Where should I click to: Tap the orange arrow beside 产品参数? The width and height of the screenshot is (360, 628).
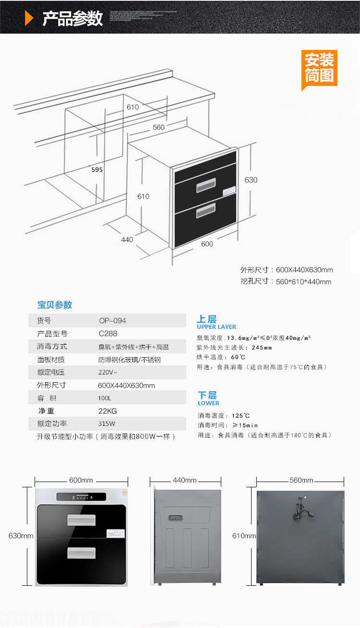(29, 18)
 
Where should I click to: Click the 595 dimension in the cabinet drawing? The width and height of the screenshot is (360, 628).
(97, 169)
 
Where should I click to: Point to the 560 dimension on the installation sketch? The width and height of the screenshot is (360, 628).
(158, 127)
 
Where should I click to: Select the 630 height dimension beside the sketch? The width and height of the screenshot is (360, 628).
(251, 180)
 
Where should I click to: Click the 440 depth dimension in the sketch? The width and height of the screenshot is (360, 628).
(127, 240)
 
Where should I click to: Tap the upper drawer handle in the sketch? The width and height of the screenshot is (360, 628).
(206, 185)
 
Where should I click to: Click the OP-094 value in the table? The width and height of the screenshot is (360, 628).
(112, 321)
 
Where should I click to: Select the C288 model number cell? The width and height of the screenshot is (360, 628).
(108, 334)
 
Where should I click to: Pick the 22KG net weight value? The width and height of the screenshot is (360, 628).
(108, 411)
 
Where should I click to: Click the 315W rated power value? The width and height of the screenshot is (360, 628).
(107, 424)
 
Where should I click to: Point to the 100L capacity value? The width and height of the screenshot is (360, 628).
(105, 398)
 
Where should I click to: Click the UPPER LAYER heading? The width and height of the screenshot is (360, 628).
(216, 327)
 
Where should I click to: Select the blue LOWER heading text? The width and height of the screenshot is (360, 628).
(208, 403)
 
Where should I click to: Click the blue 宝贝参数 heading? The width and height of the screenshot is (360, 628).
(55, 305)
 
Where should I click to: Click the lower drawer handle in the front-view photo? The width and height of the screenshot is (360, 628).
(81, 553)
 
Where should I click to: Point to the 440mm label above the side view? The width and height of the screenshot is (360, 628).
(185, 480)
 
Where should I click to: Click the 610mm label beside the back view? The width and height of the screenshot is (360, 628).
(244, 536)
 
